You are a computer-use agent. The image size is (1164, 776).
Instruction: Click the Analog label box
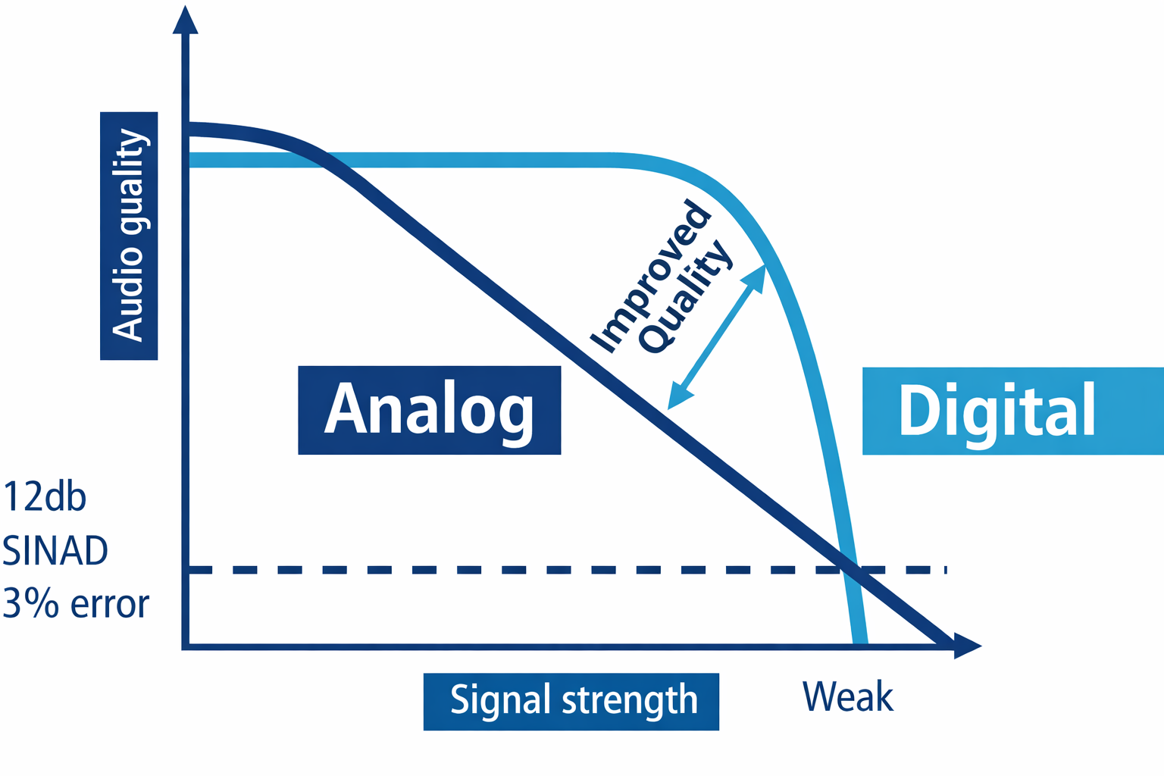pos(429,410)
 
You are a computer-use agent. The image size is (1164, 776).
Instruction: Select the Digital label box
pos(1012,411)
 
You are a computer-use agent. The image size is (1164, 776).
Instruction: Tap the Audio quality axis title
pos(129,235)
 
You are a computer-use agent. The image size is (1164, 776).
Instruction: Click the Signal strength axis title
pos(571,701)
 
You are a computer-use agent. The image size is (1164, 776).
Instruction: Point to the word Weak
pos(848,696)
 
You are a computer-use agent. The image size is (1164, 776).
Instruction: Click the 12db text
pos(45,497)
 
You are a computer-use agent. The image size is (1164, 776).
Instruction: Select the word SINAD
pos(55,551)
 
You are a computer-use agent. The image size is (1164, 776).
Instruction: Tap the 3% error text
pos(76,604)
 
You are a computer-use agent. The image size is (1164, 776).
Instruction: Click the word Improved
pos(650,276)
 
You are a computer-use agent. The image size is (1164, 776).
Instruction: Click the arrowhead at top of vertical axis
pos(186,19)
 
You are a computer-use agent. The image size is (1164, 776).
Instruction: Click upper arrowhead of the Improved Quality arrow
pos(757,274)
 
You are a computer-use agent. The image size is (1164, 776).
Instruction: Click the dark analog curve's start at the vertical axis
pos(189,129)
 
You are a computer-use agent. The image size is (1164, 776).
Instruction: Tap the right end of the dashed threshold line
pos(945,569)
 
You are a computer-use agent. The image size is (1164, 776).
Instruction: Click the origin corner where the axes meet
pos(186,646)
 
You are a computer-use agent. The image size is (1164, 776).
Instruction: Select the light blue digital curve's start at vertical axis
pos(189,160)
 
